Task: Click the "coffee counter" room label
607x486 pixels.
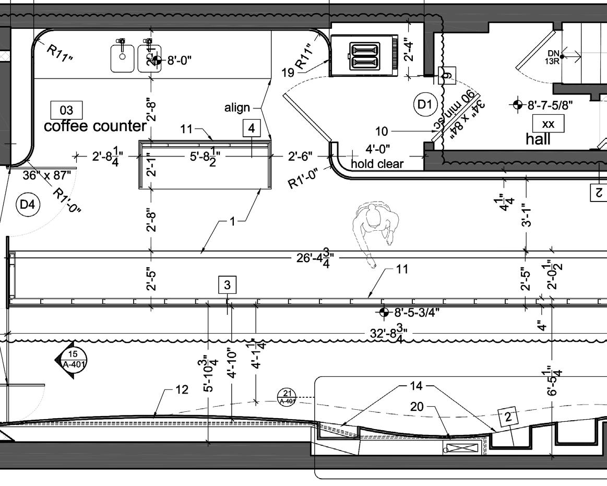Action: coord(95,126)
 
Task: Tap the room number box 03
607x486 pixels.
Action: coord(67,110)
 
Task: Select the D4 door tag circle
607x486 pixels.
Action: coord(27,205)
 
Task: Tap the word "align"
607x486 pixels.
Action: coord(237,108)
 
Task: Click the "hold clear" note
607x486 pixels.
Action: coord(377,164)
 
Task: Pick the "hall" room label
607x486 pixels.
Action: coord(538,139)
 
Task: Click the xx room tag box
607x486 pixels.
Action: coord(548,124)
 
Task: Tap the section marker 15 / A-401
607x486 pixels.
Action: coord(72,359)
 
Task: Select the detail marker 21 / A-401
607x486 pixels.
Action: coord(287,397)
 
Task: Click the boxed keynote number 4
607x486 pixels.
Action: coord(252,128)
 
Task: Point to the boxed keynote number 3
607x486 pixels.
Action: coord(227,285)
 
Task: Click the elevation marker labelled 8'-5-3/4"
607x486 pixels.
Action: coord(384,312)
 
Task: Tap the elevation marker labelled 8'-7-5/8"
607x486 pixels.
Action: coord(517,104)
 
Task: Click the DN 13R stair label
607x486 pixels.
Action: coord(553,56)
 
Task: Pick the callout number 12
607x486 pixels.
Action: coord(181,390)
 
